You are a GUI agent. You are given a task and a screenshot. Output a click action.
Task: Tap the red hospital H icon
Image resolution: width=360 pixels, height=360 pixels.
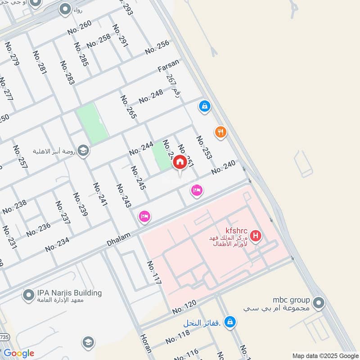click(256, 235)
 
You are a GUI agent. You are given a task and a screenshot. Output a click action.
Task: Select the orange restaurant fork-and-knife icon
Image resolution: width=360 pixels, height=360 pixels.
click(220, 132)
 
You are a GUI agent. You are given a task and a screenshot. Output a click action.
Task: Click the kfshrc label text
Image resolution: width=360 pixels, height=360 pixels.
click(234, 229)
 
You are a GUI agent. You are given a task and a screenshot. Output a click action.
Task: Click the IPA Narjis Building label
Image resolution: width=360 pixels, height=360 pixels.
click(70, 293)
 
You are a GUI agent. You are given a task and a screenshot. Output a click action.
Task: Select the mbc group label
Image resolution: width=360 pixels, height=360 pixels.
click(291, 300)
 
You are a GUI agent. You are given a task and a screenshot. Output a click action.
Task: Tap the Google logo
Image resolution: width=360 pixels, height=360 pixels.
click(18, 353)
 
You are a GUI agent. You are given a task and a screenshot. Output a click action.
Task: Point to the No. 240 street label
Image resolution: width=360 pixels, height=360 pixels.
click(223, 168)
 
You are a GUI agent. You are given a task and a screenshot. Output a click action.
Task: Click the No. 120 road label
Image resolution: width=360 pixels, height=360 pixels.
click(184, 307)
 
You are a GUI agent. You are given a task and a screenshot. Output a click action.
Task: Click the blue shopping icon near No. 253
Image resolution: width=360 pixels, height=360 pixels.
click(204, 107)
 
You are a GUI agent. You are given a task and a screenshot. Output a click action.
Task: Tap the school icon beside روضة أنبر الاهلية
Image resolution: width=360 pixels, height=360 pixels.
click(83, 150)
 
